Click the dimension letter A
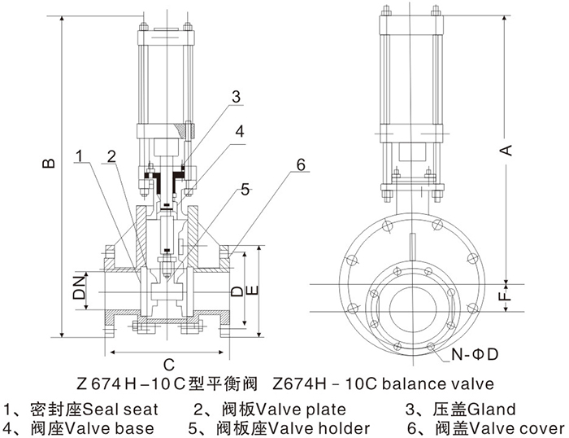pyautogui.click(x=506, y=149)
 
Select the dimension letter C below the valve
pyautogui.click(x=168, y=365)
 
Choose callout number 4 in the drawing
pyautogui.click(x=241, y=130)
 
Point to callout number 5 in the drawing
pyautogui.click(x=245, y=192)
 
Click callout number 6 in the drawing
pyautogui.click(x=300, y=164)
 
